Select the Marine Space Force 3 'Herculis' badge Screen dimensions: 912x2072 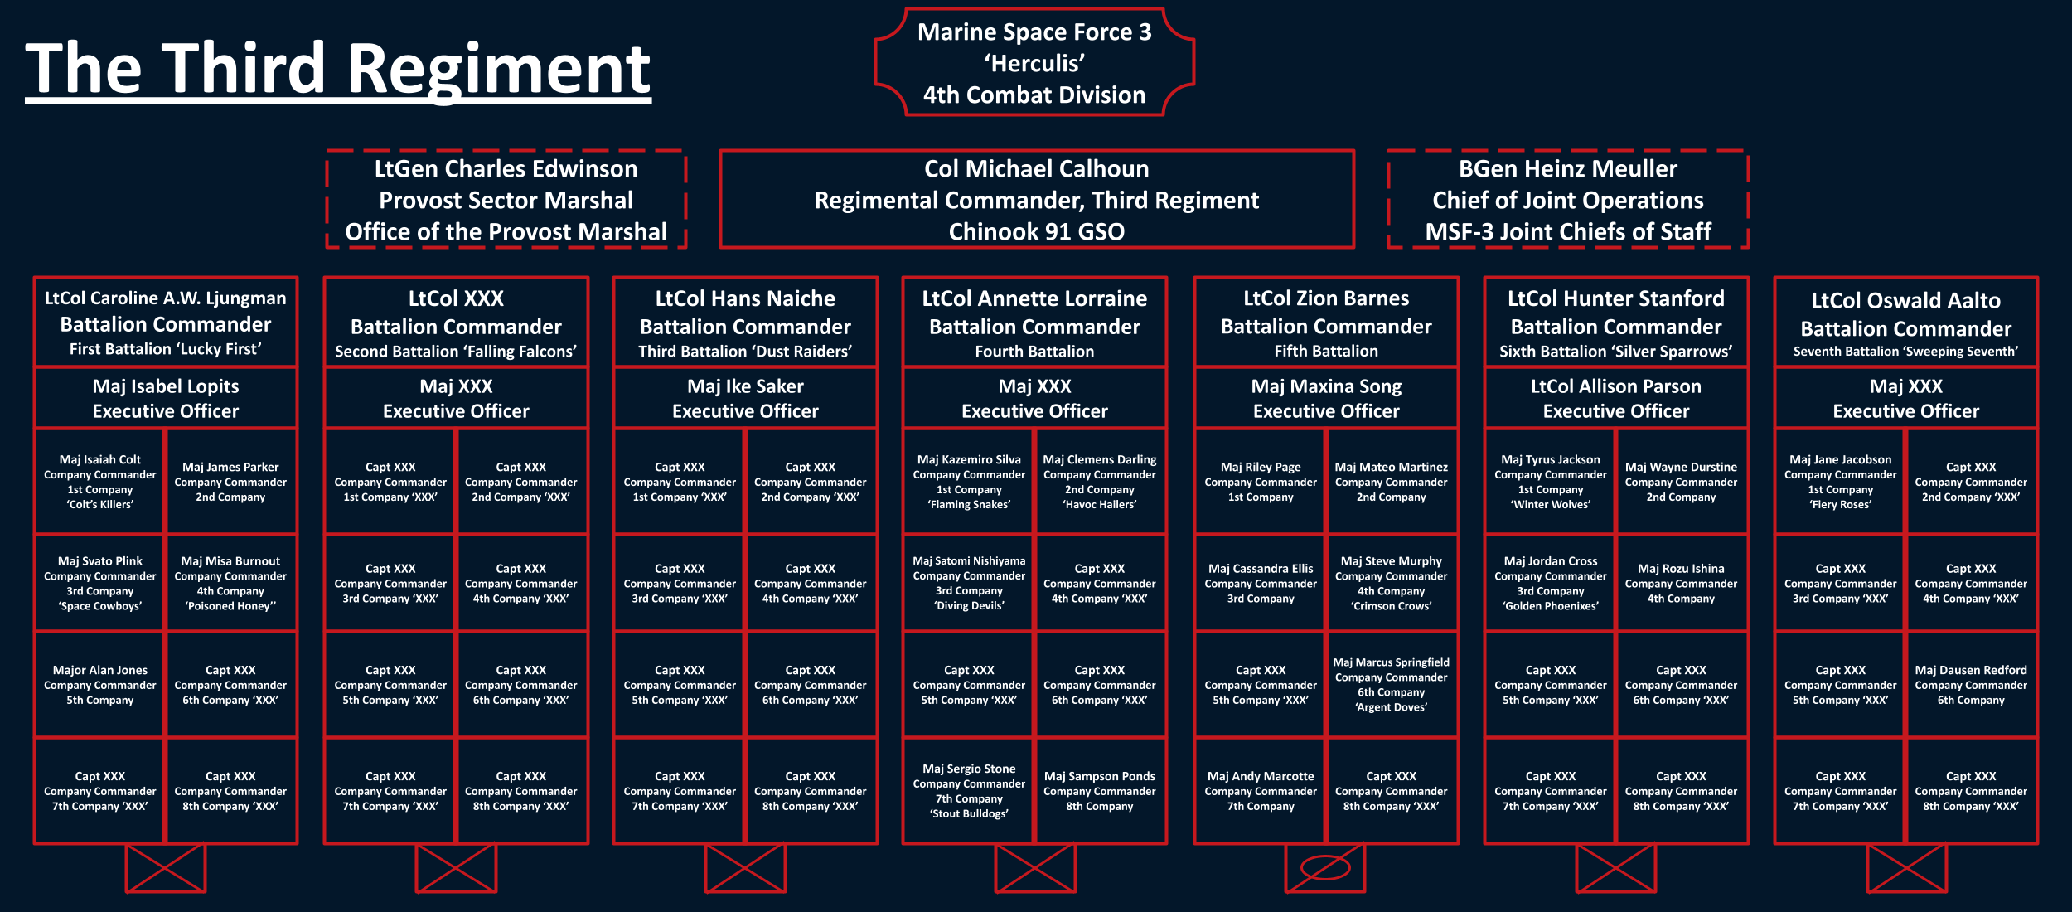click(1034, 63)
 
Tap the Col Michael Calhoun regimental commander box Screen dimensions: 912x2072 click(1036, 200)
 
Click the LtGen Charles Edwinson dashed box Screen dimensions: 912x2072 click(506, 200)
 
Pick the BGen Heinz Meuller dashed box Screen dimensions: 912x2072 click(1567, 200)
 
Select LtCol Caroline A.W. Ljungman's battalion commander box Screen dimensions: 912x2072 click(166, 323)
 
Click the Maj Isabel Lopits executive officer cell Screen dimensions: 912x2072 click(166, 398)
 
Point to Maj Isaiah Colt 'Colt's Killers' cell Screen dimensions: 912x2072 click(100, 482)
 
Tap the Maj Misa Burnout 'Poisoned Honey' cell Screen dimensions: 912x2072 click(230, 583)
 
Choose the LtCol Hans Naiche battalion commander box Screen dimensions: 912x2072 click(745, 323)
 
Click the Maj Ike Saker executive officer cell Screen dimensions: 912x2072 click(745, 398)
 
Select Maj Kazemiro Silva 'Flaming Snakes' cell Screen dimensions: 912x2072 click(969, 482)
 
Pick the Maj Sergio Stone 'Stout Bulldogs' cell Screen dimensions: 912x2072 click(969, 791)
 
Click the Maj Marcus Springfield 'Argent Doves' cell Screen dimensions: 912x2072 click(1391, 685)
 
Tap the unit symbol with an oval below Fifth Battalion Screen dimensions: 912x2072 click(1325, 868)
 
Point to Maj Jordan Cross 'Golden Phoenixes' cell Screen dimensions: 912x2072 click(1551, 583)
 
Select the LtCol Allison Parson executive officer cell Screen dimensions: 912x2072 click(1615, 398)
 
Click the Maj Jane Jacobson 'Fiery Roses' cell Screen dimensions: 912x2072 click(1840, 482)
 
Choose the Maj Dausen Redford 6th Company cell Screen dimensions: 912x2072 click(1971, 685)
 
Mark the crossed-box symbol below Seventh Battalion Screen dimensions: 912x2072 click(1906, 868)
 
